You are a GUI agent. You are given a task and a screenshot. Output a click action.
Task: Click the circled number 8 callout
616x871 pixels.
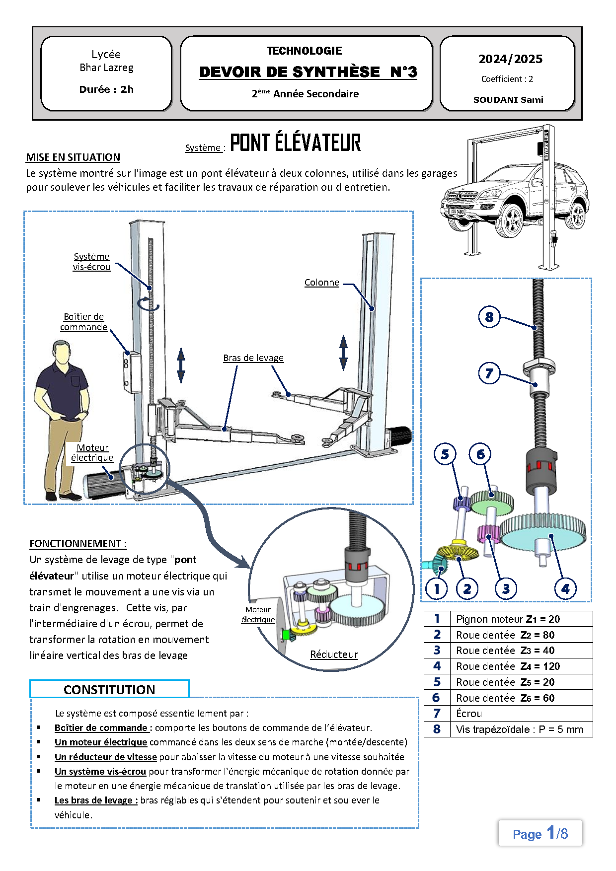coord(489,317)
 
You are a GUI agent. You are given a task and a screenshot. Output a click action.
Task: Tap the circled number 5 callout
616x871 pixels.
coord(445,454)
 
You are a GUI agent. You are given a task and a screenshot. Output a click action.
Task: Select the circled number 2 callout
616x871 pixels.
coord(467,589)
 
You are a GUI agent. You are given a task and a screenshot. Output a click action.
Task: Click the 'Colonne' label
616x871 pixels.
coord(322,283)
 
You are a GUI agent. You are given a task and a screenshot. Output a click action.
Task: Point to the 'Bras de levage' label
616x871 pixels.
coord(253,358)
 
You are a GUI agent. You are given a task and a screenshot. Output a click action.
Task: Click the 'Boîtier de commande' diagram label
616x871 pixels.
coord(84,322)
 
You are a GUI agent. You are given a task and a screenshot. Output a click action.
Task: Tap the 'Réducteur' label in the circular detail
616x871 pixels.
coord(334,654)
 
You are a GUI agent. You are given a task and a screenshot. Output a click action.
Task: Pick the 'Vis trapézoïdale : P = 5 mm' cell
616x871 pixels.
coord(519,729)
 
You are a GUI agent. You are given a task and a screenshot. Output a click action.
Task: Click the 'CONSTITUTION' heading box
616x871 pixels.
coord(109,689)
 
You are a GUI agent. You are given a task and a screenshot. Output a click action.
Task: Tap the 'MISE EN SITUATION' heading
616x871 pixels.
coord(73,157)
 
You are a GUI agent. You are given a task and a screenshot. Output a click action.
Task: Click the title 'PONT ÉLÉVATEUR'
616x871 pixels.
coord(295,143)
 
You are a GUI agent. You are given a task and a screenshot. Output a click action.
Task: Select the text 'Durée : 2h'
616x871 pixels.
coord(106,89)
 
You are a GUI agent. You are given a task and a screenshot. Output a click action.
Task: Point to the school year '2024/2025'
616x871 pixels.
coord(510,59)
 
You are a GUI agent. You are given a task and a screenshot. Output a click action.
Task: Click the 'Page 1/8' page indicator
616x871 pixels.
coord(540,833)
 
